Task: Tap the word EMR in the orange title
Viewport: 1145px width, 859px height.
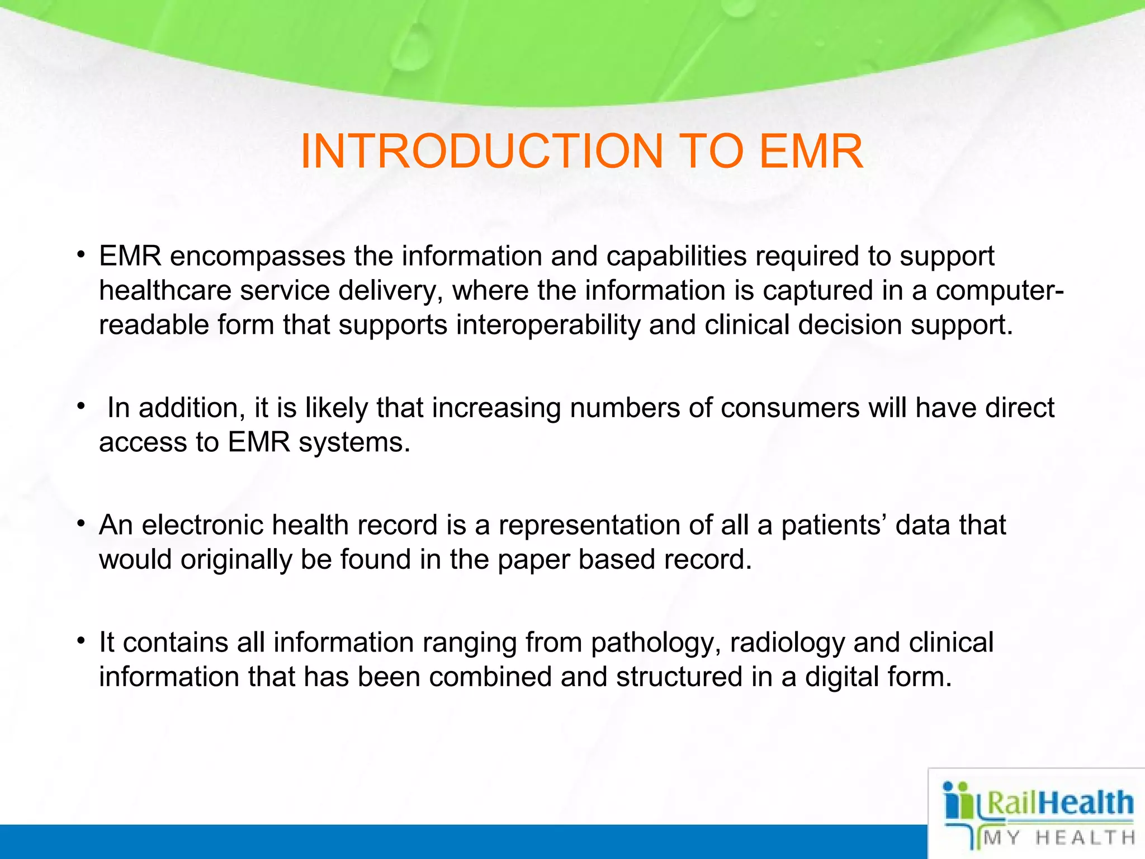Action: (x=811, y=152)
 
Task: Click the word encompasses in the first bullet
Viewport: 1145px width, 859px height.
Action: (x=258, y=257)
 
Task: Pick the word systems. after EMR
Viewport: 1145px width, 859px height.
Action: (x=354, y=442)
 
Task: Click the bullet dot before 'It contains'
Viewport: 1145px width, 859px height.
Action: (x=82, y=639)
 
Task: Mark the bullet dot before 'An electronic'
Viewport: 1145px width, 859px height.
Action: (x=82, y=522)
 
